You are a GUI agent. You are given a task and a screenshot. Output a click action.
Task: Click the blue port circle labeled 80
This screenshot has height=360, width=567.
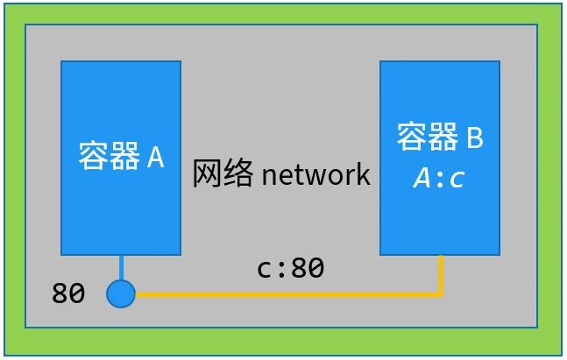coord(121,293)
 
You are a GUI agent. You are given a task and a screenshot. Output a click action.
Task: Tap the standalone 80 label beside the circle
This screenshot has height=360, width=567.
coord(68,293)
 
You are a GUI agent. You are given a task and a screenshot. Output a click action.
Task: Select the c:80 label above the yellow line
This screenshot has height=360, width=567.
coord(290,269)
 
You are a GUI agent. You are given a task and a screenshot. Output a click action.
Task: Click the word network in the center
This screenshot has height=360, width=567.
coord(316,174)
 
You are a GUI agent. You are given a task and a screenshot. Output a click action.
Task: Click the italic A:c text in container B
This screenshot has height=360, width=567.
coord(439,179)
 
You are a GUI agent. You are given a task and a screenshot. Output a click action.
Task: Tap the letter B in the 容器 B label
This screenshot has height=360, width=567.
coord(474,138)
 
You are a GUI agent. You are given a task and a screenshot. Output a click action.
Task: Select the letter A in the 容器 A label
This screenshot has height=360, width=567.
coord(155,158)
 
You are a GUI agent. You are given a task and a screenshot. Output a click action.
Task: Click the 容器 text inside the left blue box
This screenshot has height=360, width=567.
coord(109,158)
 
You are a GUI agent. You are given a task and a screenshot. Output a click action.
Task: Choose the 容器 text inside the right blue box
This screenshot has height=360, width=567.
coord(428,138)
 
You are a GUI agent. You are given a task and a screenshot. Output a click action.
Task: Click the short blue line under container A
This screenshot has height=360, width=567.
coord(121,267)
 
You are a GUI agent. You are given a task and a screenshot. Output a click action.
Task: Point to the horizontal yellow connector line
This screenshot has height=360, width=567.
coord(289,294)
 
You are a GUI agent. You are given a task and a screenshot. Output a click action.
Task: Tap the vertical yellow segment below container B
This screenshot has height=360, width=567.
coord(440,273)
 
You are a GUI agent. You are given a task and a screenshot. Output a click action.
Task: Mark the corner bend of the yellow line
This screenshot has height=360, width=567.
coord(440,293)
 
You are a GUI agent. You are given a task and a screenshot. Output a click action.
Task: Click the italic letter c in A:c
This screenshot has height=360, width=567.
coord(456,180)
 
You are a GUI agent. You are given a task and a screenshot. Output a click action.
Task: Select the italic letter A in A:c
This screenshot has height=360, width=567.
coord(422,179)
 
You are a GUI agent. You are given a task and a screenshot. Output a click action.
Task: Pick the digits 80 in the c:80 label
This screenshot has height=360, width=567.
coord(308,269)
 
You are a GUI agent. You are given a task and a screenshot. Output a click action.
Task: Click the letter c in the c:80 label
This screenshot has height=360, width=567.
coord(264,270)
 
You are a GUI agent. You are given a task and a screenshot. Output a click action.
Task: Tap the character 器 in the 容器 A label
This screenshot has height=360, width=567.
coord(124,158)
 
